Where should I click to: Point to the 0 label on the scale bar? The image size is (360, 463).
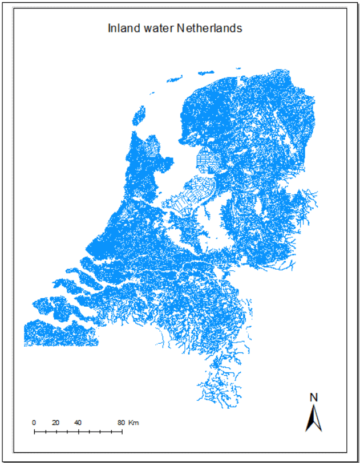(34, 423)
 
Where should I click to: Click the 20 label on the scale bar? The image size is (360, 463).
(55, 423)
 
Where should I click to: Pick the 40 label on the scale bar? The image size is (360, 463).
(78, 423)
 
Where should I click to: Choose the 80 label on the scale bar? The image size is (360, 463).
(120, 423)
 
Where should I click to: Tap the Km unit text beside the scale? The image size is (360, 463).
(134, 423)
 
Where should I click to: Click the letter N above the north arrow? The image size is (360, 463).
(313, 397)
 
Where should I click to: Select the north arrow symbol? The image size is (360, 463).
(313, 418)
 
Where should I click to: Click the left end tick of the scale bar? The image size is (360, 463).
(34, 432)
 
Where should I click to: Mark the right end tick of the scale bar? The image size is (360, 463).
(122, 432)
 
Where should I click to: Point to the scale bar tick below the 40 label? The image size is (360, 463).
(78, 432)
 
